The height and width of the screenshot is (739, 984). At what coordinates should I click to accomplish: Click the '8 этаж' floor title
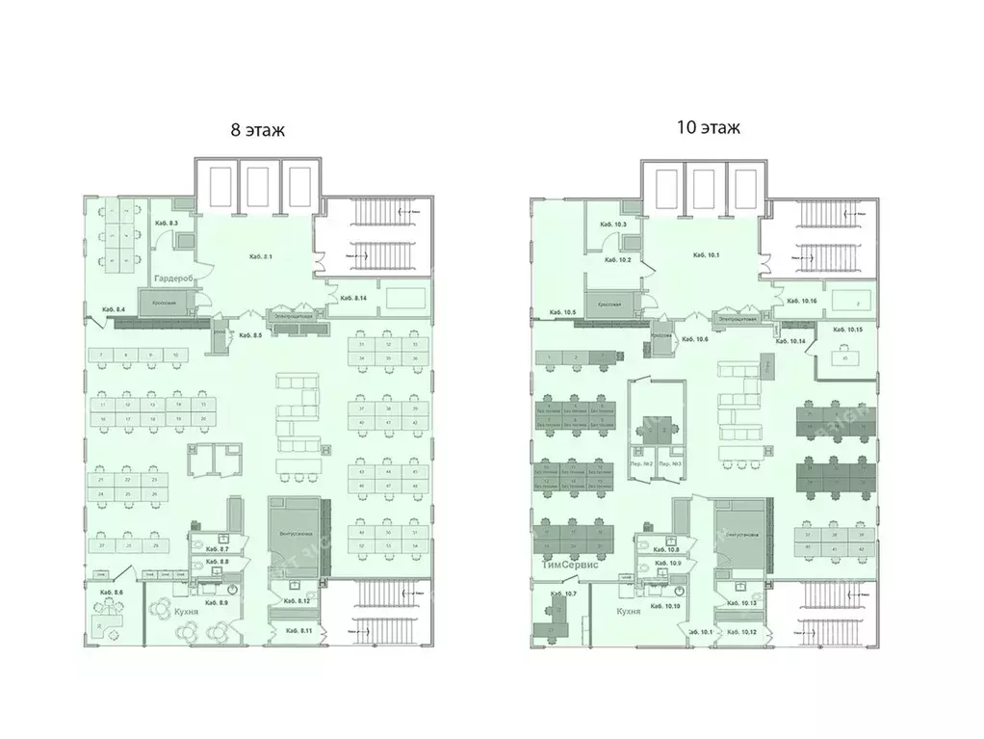tap(257, 131)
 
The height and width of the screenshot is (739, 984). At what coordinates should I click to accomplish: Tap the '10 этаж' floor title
tap(708, 128)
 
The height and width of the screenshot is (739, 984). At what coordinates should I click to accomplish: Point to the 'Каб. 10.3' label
tap(612, 224)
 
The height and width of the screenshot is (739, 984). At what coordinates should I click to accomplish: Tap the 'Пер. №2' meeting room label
tap(642, 464)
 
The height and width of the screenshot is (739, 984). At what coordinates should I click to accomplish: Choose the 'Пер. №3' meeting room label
tap(671, 464)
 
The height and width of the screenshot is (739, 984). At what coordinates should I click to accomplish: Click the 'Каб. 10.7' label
tap(561, 594)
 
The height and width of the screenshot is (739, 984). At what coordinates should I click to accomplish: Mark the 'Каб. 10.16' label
tap(802, 301)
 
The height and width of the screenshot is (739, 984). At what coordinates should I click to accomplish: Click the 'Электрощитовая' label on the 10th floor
tap(734, 317)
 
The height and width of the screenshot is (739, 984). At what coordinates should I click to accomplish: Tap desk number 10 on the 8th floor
tap(175, 356)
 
